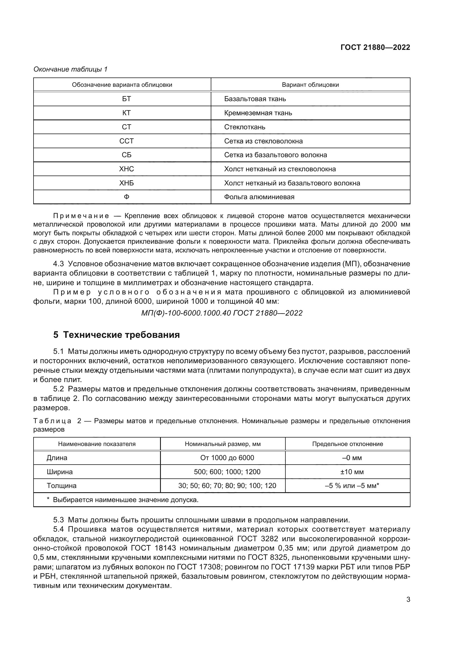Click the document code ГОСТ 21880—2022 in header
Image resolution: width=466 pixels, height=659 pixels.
pos(375,47)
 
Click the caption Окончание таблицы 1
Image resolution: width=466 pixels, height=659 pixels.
pos(70,69)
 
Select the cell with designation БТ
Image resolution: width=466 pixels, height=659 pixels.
pos(126,99)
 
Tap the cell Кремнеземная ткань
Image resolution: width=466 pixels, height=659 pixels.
pos(258,113)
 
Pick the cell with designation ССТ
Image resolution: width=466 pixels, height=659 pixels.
pos(126,141)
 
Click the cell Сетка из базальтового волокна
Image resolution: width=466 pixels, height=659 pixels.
pos(276,155)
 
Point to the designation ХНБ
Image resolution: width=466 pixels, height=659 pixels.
pos(126,183)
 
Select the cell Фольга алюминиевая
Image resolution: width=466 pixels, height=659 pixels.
pos(259,197)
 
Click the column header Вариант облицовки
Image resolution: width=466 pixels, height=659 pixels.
pos(310,85)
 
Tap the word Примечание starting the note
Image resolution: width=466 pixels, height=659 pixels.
pos(81,216)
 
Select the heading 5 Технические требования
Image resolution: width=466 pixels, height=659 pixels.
pos(117,335)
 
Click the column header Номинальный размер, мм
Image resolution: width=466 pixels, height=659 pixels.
pos(223,444)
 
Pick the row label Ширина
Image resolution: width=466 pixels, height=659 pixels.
pos(60,472)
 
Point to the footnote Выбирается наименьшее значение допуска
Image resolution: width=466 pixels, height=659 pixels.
pos(125,500)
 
